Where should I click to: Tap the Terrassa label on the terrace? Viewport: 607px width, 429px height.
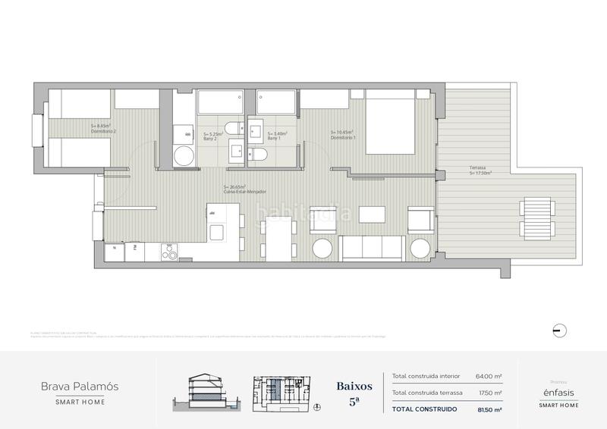coord(479,169)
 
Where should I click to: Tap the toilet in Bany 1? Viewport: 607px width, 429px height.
coord(258,155)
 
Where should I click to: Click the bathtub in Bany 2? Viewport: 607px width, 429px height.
coord(219,102)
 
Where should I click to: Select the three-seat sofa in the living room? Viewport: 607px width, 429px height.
coord(371,248)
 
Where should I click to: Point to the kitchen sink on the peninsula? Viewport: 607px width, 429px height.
coord(218,232)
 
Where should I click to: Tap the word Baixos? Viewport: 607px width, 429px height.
coord(354,386)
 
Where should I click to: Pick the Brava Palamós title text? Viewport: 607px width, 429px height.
coord(79,386)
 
